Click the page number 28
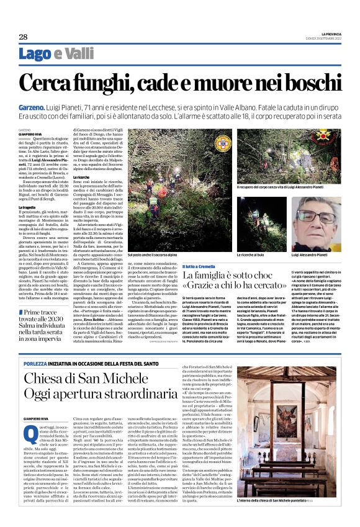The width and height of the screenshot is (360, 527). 23,37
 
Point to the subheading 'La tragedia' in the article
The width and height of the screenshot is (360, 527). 29,206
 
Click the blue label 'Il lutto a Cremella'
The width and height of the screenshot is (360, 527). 199,264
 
